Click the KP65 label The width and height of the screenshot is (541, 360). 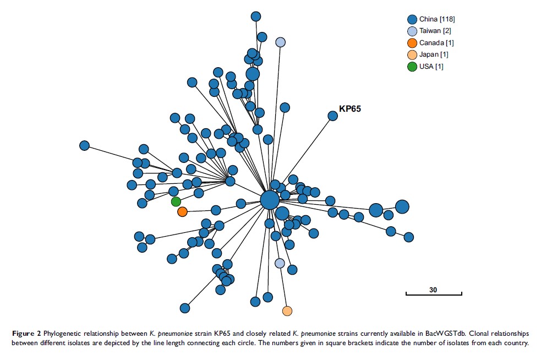point(350,109)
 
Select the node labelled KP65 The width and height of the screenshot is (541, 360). point(332,116)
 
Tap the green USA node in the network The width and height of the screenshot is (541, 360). point(176,201)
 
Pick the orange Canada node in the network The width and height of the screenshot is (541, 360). point(182,211)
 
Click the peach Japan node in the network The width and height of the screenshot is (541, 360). point(287,311)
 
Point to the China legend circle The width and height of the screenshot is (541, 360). point(412,19)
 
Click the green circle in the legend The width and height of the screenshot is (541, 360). point(412,67)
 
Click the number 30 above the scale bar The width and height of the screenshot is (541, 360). point(434,290)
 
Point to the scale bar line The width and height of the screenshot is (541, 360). point(434,295)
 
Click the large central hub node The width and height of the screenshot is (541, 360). point(270,200)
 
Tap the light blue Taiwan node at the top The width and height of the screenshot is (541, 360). point(280,42)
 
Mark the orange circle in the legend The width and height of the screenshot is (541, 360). point(412,43)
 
